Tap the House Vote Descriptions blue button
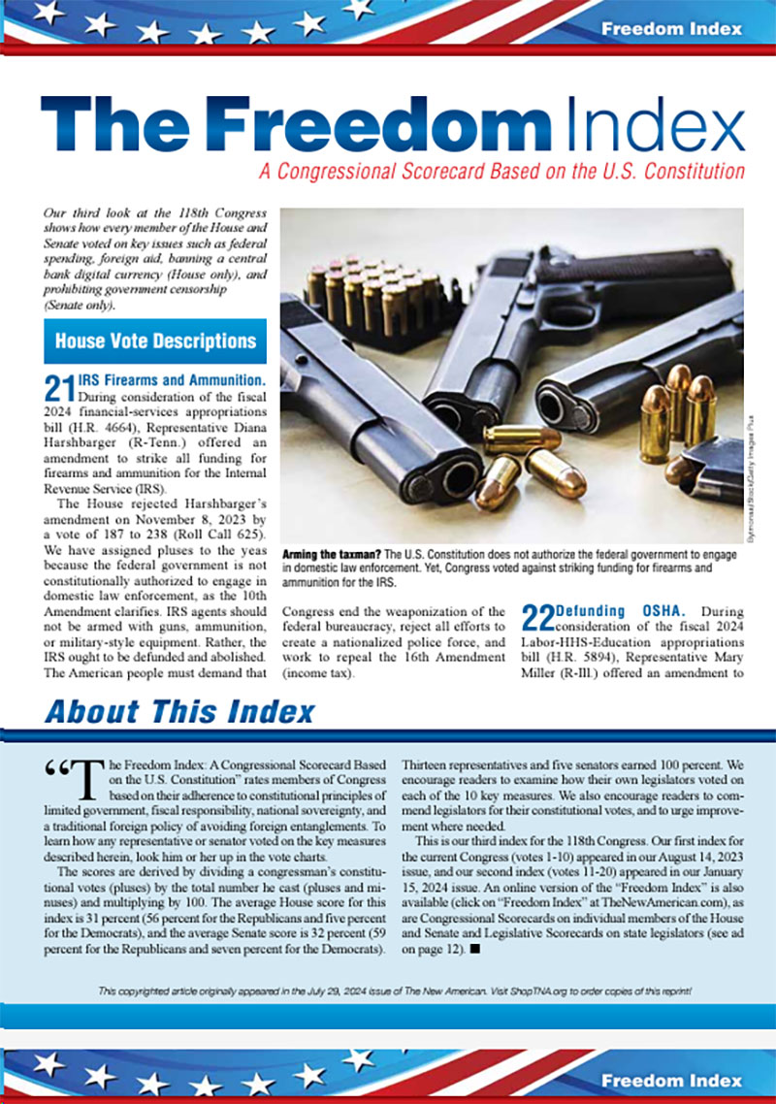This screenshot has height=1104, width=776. pyautogui.click(x=155, y=341)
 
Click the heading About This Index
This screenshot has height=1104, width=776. pyautogui.click(x=179, y=712)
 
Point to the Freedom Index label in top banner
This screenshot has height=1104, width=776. pyautogui.click(x=671, y=28)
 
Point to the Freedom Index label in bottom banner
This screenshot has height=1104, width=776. pyautogui.click(x=671, y=1079)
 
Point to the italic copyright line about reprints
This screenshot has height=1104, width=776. pyautogui.click(x=397, y=991)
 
